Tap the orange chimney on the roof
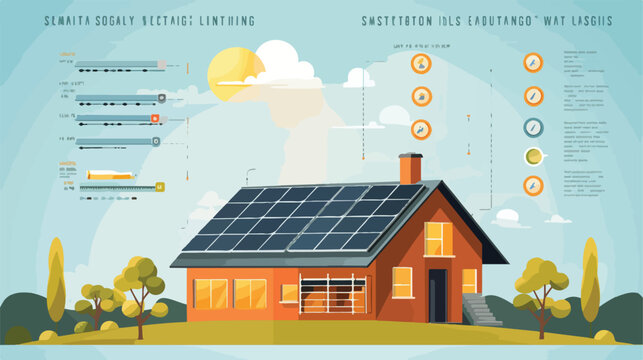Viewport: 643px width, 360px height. coord(410,168)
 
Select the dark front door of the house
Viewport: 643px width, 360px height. coord(438,295)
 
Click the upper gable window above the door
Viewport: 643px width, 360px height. coord(438,239)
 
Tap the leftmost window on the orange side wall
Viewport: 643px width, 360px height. coord(210,293)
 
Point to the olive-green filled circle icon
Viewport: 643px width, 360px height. coord(533,156)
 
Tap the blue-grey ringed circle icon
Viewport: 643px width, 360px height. coord(533,126)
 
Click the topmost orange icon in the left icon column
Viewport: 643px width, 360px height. coord(421,64)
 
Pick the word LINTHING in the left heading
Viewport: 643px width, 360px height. coord(220,21)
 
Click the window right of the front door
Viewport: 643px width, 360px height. coord(469,281)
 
